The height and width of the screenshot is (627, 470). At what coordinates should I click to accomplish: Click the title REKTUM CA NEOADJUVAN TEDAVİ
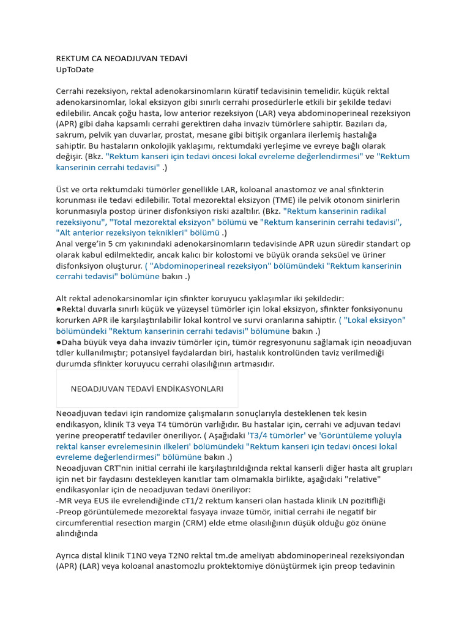[121, 59]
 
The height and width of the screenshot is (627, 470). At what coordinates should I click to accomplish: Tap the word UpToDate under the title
[75, 70]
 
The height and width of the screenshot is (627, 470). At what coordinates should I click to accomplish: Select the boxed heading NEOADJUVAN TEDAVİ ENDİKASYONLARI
[147, 389]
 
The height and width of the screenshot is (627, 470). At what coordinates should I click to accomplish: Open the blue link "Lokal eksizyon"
[375, 320]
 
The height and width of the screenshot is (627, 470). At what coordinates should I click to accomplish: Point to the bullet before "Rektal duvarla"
[58, 309]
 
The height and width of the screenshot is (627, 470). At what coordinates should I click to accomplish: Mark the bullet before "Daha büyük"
[58, 342]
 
